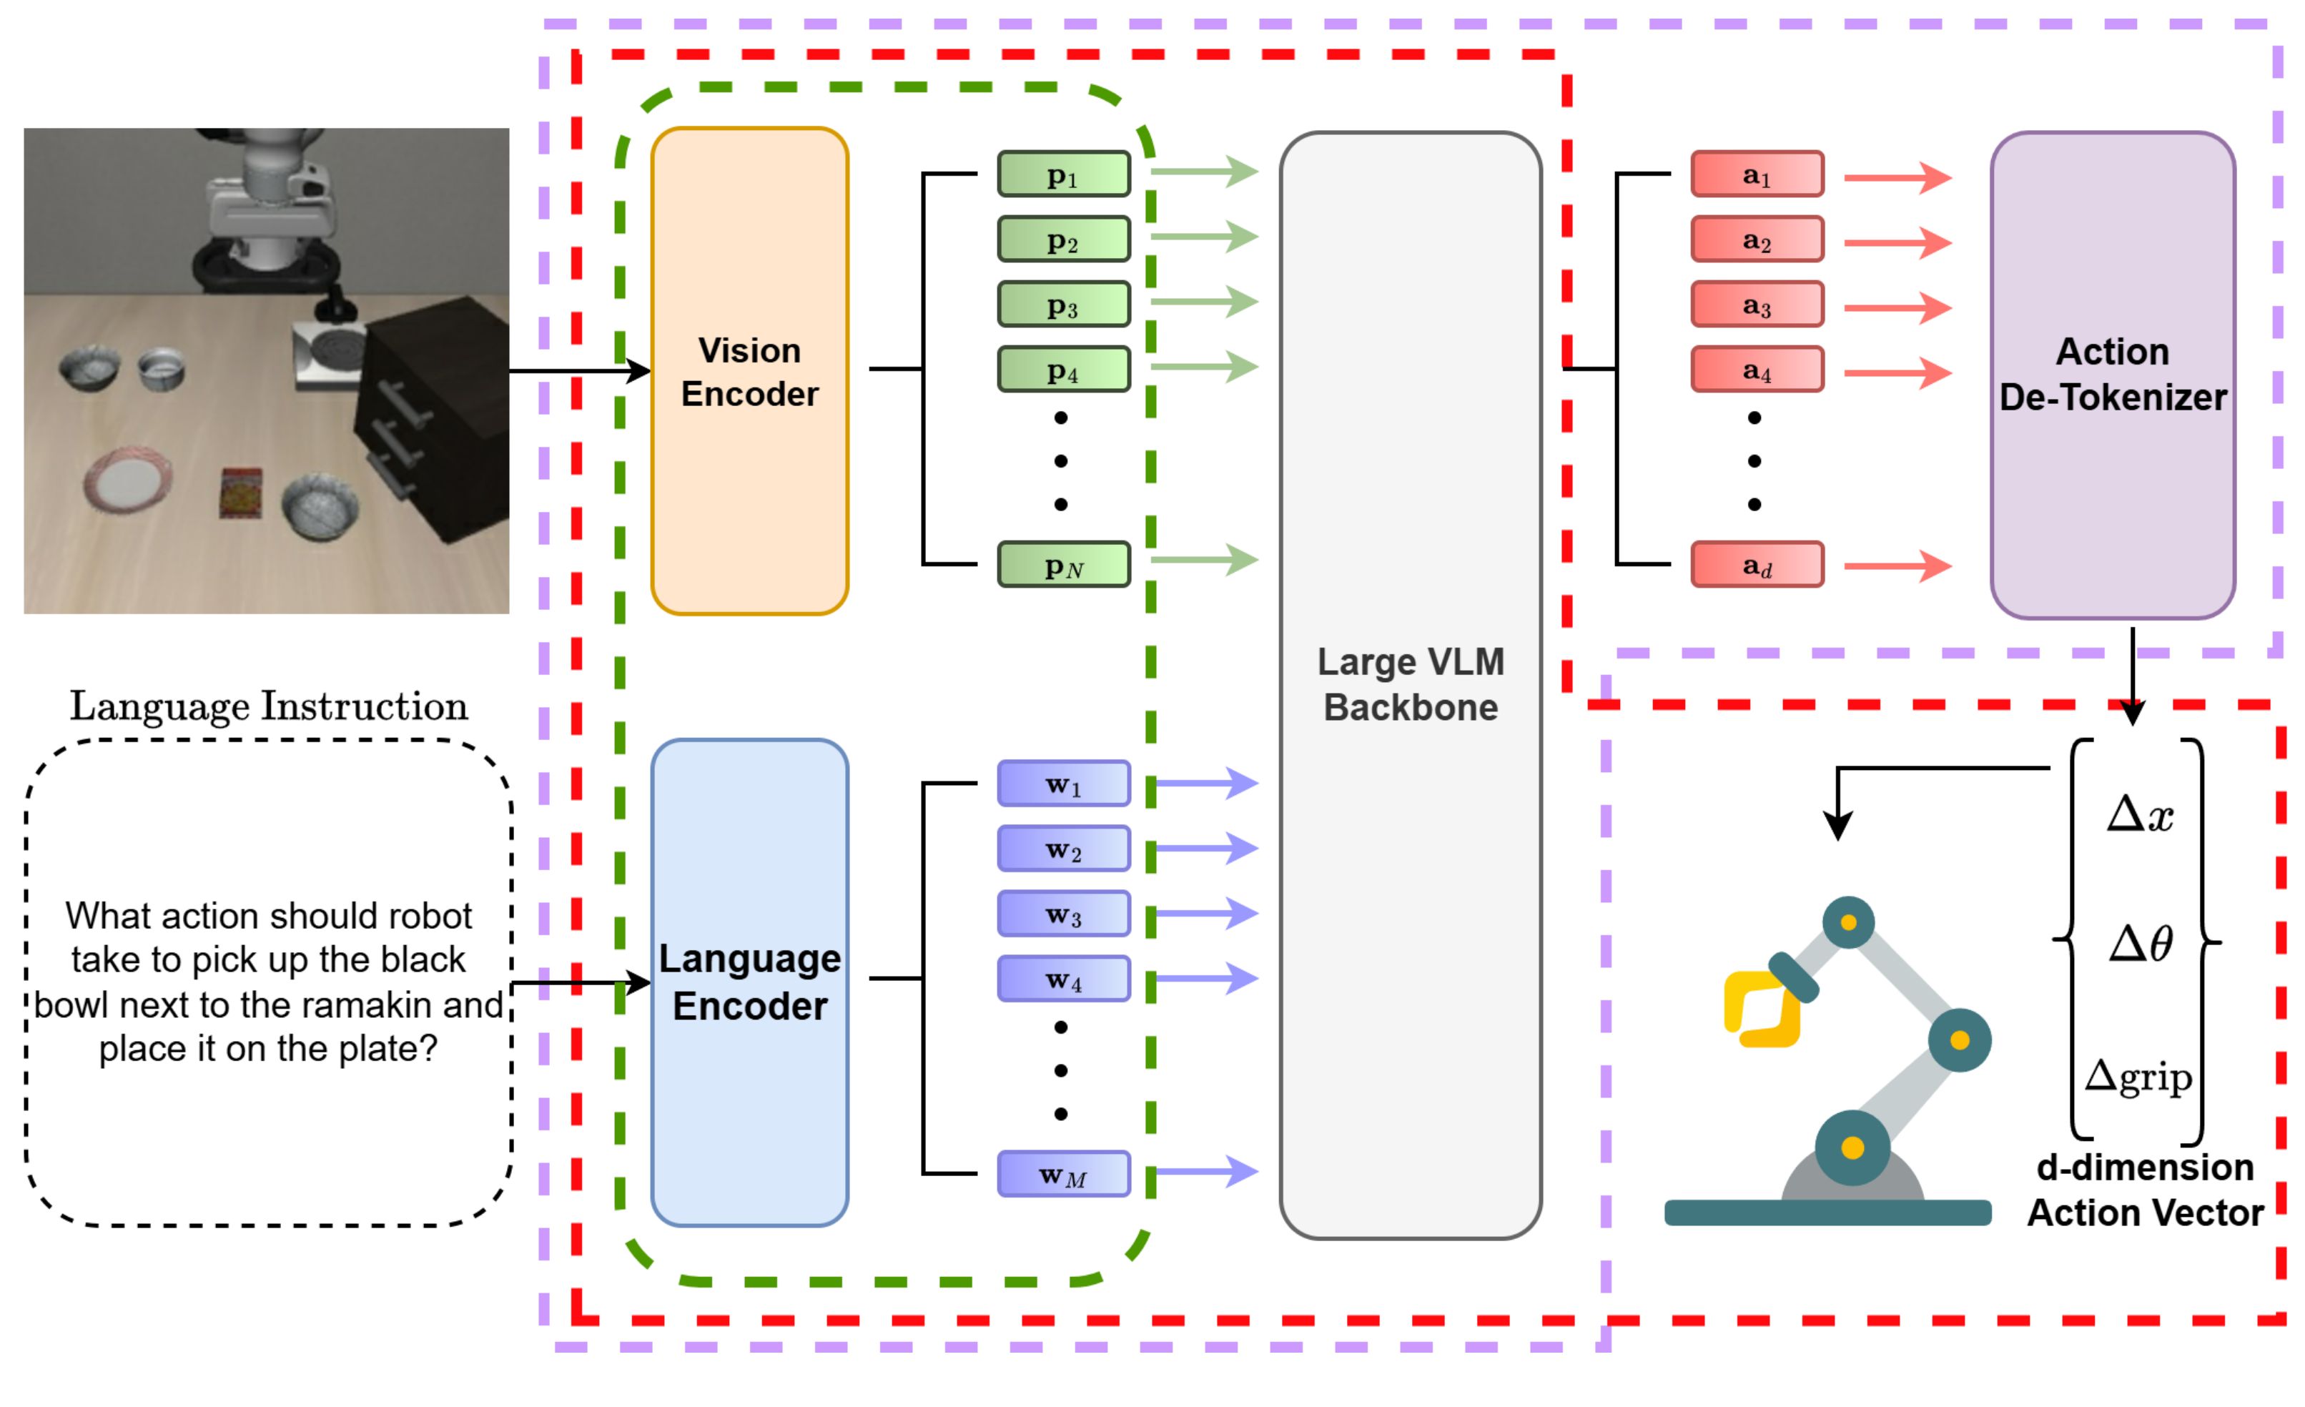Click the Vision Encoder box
coord(749,371)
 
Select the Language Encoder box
coord(749,982)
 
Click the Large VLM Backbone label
coord(1411,685)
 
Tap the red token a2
coord(1757,240)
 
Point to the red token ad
coord(1757,565)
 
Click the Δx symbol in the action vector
coord(2139,814)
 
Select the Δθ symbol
coord(2139,943)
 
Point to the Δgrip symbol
coord(2138,1076)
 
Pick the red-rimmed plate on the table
coord(127,481)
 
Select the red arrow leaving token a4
coord(1897,372)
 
